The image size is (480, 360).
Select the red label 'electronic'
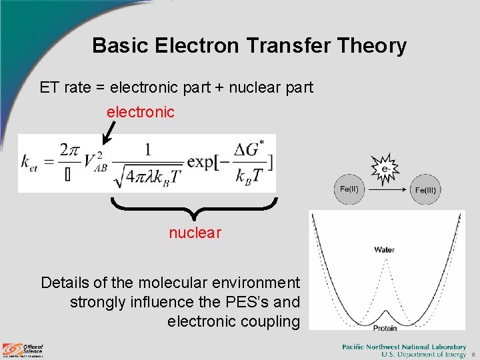141,112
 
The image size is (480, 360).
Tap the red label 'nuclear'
194,232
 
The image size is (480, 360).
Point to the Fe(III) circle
425,190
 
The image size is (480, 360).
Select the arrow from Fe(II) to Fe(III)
387,189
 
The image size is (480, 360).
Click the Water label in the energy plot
384,250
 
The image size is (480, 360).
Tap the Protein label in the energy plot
385,328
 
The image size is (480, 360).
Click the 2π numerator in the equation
69,149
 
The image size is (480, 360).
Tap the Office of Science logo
23,350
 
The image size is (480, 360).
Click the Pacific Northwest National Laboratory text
404,347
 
